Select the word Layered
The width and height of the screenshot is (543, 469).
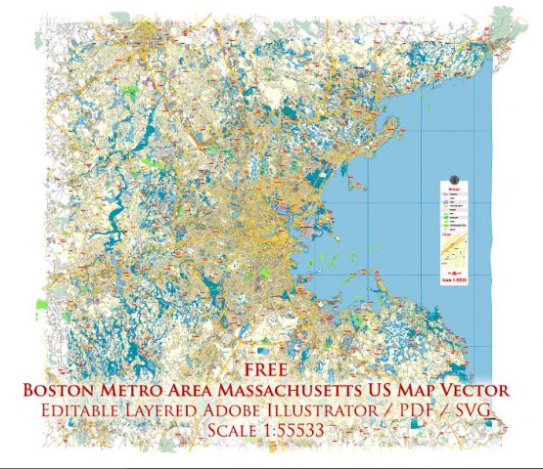(182, 409)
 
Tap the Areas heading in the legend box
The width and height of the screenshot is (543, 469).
(453, 189)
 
